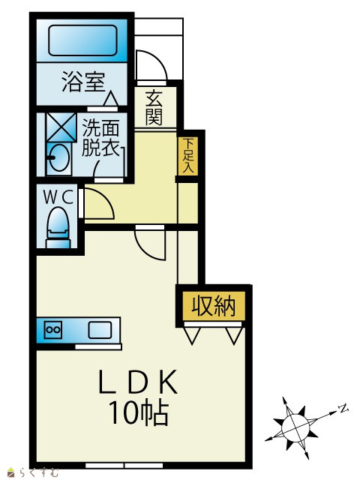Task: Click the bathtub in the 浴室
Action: coord(82,40)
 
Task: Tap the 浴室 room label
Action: coord(83,82)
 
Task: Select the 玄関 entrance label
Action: coord(154,108)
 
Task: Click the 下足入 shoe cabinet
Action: coord(188,156)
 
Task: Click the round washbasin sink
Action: coord(59,158)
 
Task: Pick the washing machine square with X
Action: coord(61,127)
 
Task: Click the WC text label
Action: coord(58,197)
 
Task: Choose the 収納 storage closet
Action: coord(214,306)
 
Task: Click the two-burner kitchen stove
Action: coord(53,330)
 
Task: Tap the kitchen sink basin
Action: coord(100,330)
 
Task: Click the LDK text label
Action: coord(138,382)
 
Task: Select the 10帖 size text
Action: coord(139,412)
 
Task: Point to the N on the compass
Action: coord(343,408)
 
